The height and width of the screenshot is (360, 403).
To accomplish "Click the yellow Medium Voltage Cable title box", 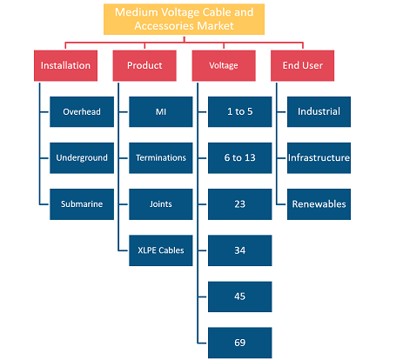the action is point(184,19).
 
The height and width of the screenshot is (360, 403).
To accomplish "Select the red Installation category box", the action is point(65,65).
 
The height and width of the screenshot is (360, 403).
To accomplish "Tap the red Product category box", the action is point(144,65).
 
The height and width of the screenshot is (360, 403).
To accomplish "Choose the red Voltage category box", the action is point(224,65).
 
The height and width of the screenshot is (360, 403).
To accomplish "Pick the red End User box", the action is point(302,65).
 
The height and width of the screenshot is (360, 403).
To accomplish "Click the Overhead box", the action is point(82,111).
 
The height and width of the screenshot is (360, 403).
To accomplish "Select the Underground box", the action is point(82,158).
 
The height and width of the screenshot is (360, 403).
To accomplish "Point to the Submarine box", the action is point(82,204).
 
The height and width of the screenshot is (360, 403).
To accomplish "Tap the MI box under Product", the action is point(161,111).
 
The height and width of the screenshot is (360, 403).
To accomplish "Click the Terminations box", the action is point(161,158).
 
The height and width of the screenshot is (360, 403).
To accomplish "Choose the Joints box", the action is point(161,204).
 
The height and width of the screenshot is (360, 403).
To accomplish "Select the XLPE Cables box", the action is point(161,250).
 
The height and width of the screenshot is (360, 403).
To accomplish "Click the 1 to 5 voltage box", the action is point(240,111).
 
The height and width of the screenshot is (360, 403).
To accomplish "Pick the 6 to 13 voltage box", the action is point(240,158).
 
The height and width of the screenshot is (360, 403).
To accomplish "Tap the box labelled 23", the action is point(240,204).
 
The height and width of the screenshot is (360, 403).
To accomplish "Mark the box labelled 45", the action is point(240,297).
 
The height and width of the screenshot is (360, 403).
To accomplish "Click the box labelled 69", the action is point(240,343).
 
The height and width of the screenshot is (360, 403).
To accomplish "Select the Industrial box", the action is point(319,111).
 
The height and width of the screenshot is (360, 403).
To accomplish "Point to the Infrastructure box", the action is point(319,158).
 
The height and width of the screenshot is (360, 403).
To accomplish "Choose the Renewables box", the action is point(319,204).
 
